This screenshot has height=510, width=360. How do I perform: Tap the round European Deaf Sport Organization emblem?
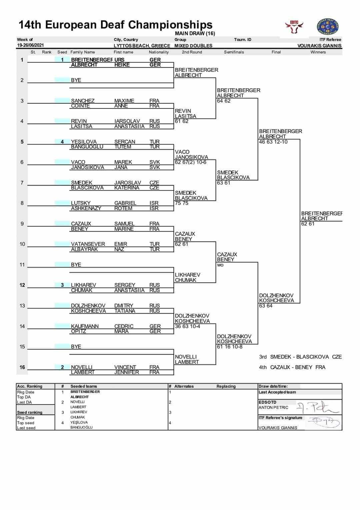(x=327, y=27)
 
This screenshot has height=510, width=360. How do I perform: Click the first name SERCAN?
(x=125, y=142)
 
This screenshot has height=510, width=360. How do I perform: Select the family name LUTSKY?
(x=81, y=203)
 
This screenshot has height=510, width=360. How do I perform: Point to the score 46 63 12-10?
(x=273, y=142)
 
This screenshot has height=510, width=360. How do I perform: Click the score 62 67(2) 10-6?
(x=191, y=162)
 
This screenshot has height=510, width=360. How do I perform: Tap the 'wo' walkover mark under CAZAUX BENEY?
(x=220, y=265)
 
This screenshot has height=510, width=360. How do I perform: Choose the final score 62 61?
(x=308, y=224)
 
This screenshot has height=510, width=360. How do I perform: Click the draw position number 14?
(x=22, y=326)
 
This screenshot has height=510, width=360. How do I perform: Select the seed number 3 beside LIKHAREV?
(x=62, y=285)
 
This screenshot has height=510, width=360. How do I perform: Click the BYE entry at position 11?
(x=76, y=265)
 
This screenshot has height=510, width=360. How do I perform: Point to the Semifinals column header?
(x=234, y=52)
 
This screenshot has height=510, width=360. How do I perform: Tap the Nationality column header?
(x=159, y=52)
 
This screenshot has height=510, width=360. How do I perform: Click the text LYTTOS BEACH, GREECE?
(x=142, y=46)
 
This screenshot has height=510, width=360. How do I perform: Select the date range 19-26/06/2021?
(x=30, y=45)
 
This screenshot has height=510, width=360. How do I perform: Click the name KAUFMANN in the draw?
(x=85, y=326)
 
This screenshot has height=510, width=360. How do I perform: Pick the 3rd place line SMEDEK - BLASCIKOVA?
(x=300, y=357)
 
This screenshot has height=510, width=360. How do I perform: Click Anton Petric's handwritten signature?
(x=317, y=407)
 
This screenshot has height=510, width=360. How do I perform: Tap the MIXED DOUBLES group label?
(x=193, y=46)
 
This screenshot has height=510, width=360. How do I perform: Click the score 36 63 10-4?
(x=188, y=327)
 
